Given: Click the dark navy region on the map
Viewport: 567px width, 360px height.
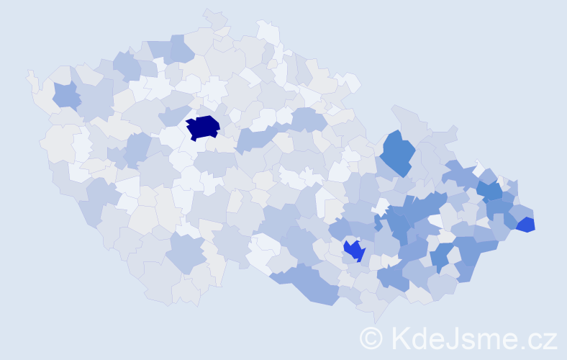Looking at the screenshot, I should point(203,127).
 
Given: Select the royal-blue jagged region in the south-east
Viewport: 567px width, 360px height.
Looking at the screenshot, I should point(353,250).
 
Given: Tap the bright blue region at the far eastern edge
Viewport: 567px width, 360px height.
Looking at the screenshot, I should point(526,225).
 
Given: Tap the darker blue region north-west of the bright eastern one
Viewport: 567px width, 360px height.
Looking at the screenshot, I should point(490,191).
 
